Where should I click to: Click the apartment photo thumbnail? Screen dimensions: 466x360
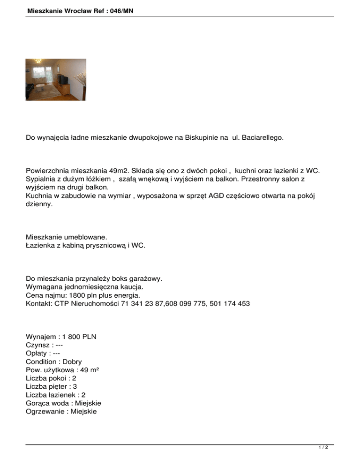(x=55, y=79)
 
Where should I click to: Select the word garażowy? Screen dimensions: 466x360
(x=145, y=278)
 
